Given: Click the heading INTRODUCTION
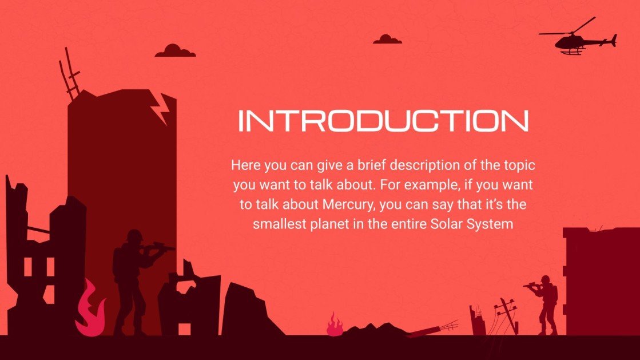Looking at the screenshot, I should tap(383, 121).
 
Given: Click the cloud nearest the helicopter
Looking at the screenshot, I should tap(387, 39).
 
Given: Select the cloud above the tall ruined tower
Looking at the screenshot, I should tap(175, 51).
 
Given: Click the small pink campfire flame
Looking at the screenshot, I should tap(335, 326).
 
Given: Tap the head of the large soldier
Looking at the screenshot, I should tap(134, 236).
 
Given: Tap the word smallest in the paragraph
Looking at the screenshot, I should tap(279, 224).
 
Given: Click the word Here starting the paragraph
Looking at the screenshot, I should tap(245, 165).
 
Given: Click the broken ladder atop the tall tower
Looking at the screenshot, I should tap(69, 73).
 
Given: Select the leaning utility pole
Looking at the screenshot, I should tap(508, 314).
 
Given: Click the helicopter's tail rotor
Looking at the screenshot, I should tap(614, 40).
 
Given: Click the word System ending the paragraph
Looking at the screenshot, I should tap(491, 224).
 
